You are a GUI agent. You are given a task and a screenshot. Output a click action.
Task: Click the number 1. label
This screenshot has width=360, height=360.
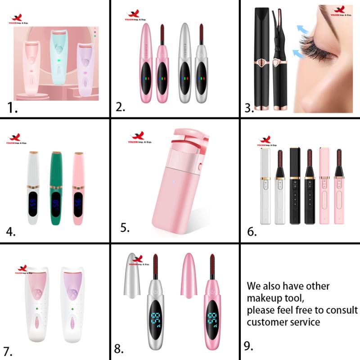[x=13, y=108]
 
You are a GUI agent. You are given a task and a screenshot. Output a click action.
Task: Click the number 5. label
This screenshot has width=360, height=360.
[x=125, y=228]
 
